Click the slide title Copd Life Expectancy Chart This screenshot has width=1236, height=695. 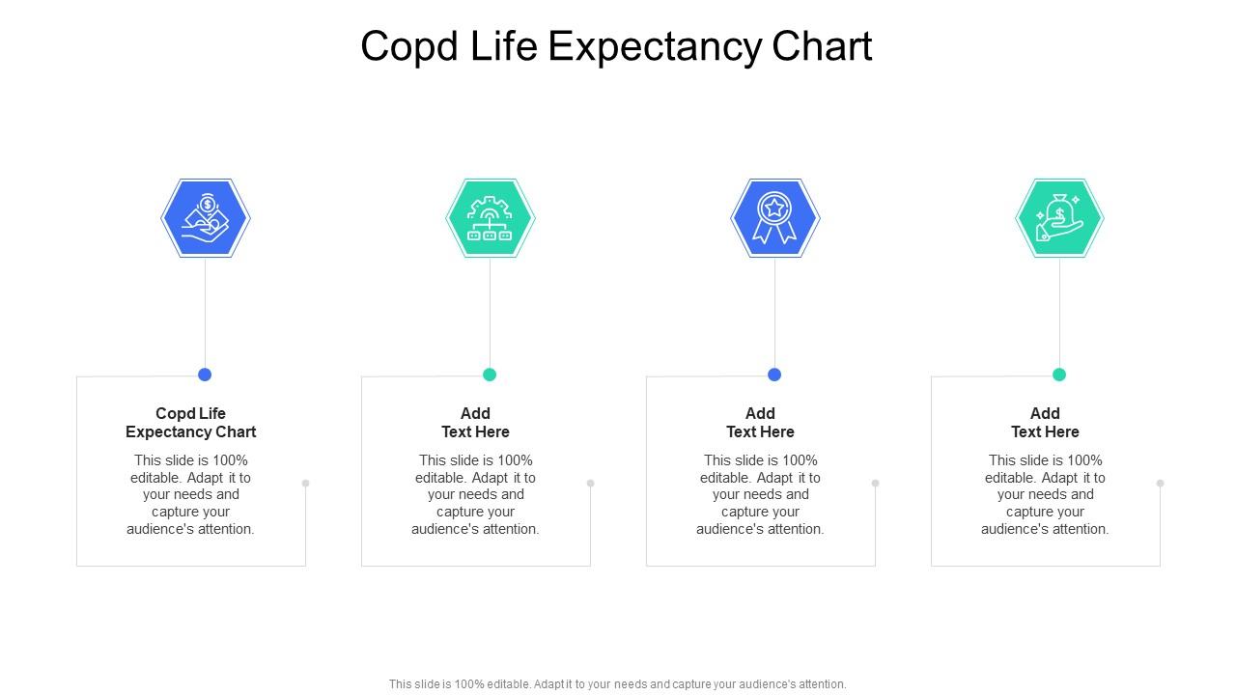pos(616,46)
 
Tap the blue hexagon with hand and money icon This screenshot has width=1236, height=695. pos(206,218)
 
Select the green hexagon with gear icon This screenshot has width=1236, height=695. pos(491,218)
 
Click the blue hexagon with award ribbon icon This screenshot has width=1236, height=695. pos(775,218)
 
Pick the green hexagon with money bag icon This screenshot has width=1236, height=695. pos(1059,218)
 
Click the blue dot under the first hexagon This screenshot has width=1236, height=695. pos(205,375)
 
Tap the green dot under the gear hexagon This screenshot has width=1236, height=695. pos(490,375)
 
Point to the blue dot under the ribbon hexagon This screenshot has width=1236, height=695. pos(774,375)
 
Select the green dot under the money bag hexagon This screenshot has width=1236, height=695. pos(1059,375)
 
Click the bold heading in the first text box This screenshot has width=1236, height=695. pos(191,423)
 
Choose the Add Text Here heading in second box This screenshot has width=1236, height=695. pos(475,423)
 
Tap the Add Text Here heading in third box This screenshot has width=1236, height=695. pos(760,423)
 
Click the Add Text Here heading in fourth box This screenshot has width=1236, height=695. pos(1045,423)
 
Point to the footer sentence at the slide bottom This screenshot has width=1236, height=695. pos(618,684)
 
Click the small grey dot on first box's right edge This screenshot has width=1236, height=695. pos(306,483)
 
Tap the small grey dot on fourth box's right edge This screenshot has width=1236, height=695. pos(1161,483)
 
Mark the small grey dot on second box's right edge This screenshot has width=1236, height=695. pos(591,483)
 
